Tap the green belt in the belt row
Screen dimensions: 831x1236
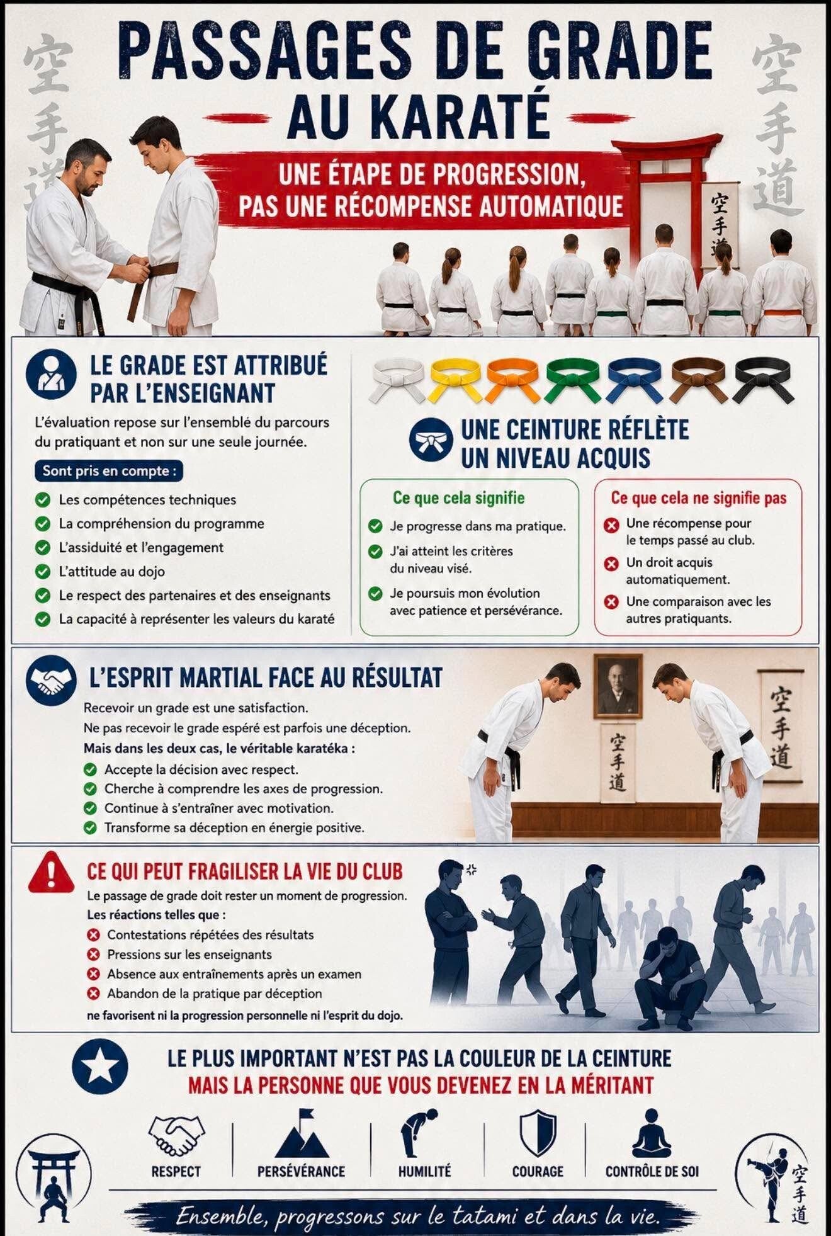click(574, 380)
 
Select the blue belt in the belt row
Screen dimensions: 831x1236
click(635, 380)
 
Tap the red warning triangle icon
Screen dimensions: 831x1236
click(51, 871)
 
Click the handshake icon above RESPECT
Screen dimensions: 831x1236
click(176, 1134)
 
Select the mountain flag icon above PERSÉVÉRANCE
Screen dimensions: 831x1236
click(302, 1133)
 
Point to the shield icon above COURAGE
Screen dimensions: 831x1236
click(538, 1133)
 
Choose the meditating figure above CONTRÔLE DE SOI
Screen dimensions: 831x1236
click(652, 1133)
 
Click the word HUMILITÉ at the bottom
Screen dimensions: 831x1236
click(424, 1171)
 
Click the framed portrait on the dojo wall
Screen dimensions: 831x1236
click(618, 686)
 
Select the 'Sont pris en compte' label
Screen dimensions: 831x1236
click(109, 471)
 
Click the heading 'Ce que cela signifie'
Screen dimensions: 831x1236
click(458, 497)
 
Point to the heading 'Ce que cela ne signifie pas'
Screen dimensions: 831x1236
click(699, 497)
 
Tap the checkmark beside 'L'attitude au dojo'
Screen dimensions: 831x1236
click(43, 571)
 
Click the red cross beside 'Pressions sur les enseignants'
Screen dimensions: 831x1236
click(94, 955)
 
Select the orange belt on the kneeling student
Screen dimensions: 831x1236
click(783, 312)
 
